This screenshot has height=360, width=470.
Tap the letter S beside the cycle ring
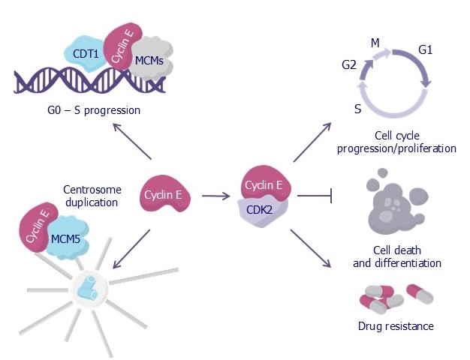[357, 109]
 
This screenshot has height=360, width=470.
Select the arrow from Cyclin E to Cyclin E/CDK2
[216, 196]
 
